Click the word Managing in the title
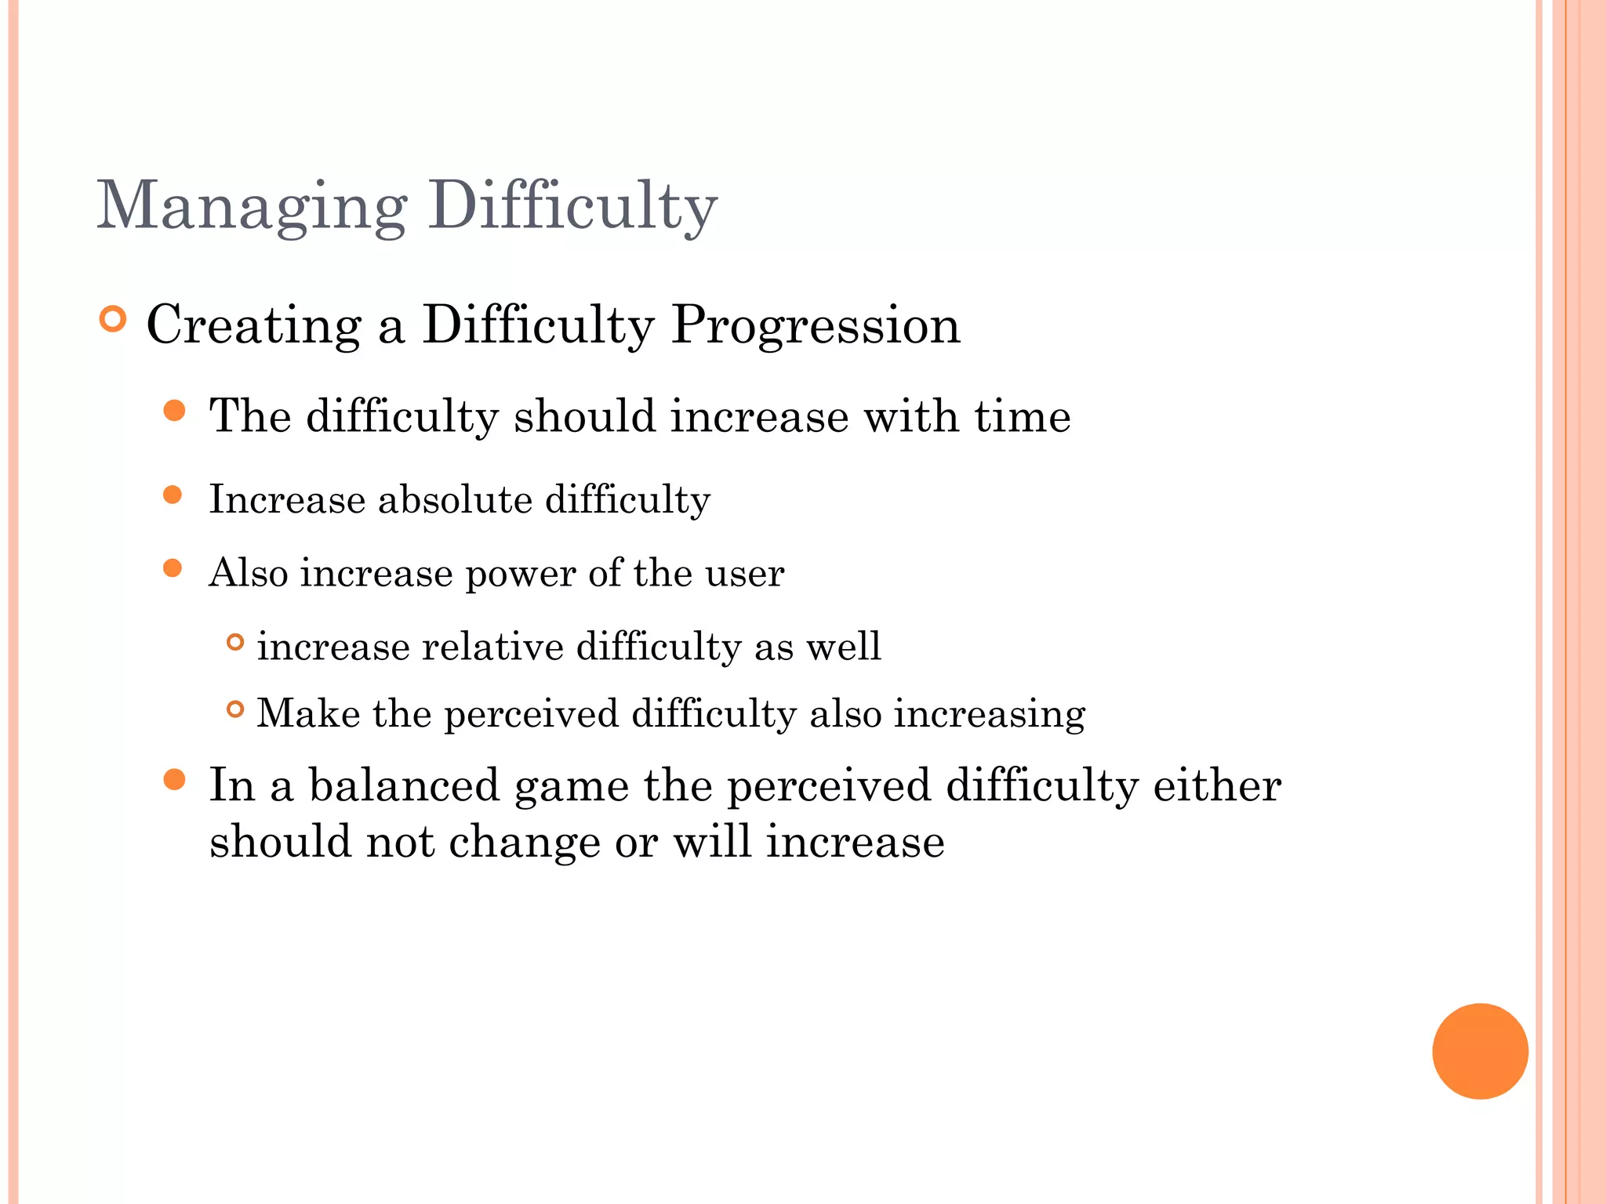251,206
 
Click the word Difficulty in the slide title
572,206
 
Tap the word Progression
816,325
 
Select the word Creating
254,325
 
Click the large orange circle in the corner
1480,1051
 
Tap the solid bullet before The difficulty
174,411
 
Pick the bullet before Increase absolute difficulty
173,495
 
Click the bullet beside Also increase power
173,568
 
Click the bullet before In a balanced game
174,779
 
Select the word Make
308,713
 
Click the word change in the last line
524,842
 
